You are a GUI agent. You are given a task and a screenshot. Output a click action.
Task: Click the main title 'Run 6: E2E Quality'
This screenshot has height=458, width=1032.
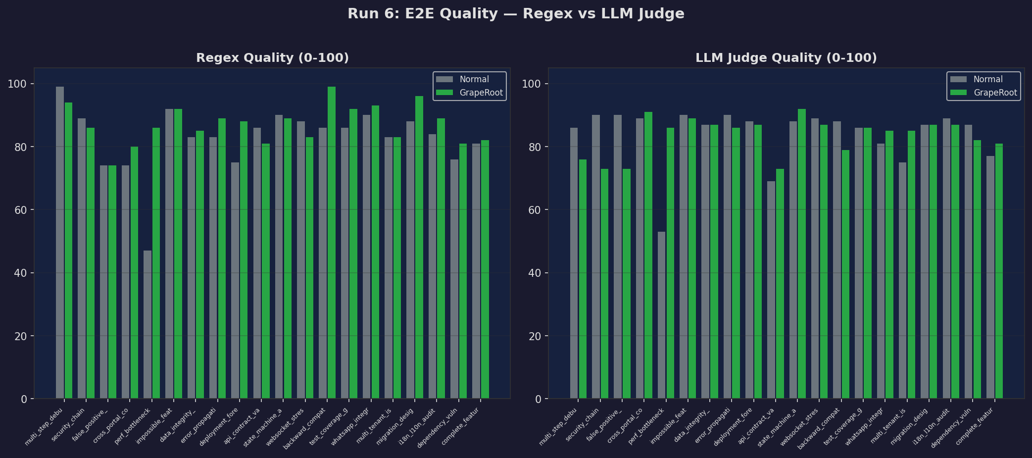[515, 14]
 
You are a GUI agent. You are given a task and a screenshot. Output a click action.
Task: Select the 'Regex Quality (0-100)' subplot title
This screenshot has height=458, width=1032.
[272, 58]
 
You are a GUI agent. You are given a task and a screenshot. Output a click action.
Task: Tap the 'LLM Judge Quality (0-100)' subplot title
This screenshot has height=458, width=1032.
[786, 58]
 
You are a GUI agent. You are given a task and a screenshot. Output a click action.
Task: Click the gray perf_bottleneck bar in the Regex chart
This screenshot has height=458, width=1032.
[147, 324]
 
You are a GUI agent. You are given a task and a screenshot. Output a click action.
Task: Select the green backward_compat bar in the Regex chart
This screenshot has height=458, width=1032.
[332, 243]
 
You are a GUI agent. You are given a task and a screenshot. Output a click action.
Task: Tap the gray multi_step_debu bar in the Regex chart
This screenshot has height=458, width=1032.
[60, 243]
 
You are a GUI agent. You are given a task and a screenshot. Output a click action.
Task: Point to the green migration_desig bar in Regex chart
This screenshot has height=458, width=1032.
[419, 248]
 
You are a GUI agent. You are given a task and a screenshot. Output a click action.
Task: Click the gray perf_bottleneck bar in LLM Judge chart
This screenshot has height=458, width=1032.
[661, 315]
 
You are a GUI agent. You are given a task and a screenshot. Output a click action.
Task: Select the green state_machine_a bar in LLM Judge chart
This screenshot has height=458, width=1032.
[802, 254]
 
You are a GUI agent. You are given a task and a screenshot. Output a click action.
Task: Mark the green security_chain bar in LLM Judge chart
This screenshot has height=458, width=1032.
[605, 283]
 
